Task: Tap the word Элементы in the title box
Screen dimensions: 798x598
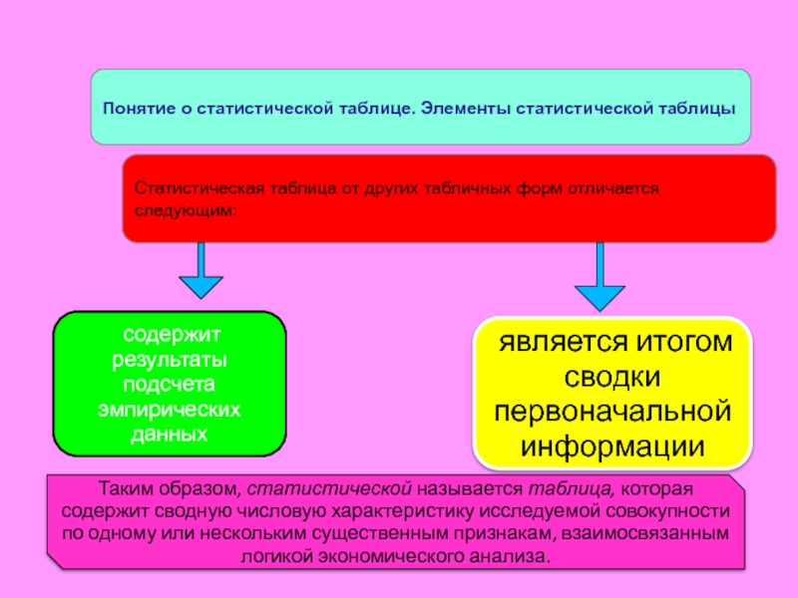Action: tap(465, 109)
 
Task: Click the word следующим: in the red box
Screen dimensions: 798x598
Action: tap(186, 210)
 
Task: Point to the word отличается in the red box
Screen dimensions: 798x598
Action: tap(613, 188)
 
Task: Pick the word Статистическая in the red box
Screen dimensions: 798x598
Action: tap(199, 188)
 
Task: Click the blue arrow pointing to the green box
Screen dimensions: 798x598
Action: tap(201, 270)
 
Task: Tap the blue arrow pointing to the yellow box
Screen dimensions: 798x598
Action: tap(600, 276)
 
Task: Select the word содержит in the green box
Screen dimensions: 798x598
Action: tap(172, 335)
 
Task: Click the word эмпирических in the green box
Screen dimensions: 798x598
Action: tap(169, 410)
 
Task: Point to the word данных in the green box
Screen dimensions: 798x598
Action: tap(169, 435)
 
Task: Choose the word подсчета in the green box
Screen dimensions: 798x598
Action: tap(169, 385)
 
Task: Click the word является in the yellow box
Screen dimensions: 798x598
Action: tap(560, 342)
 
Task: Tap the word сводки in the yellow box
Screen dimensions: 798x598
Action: tap(612, 377)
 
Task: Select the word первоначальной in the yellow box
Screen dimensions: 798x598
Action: tap(612, 412)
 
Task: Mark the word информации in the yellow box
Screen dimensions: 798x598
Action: tap(612, 447)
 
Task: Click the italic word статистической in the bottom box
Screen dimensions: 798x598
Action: tap(329, 488)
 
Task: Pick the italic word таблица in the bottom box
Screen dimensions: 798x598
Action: tap(572, 488)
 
